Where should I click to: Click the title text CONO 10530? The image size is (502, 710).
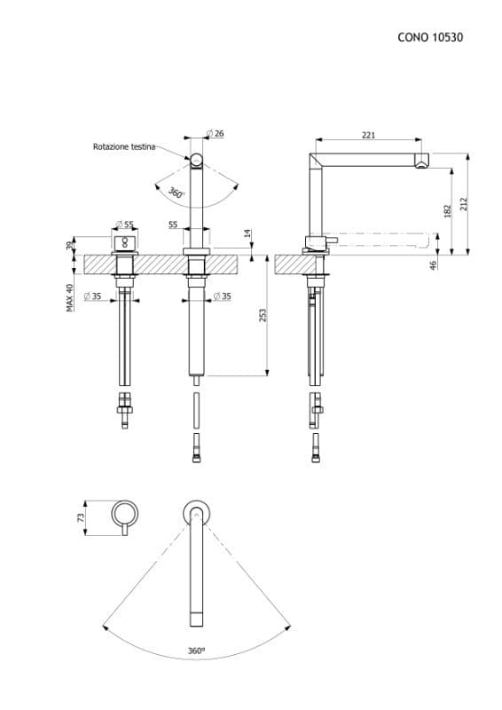tap(430, 37)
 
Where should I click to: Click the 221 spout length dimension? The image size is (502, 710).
tap(368, 135)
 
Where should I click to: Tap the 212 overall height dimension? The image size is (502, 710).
tap(463, 204)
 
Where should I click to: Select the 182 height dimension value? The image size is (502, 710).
tap(447, 211)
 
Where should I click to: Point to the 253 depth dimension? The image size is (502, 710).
tap(263, 315)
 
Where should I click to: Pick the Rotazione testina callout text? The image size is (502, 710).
tap(124, 146)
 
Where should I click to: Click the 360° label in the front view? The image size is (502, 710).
tap(176, 193)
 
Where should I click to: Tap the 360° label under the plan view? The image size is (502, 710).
tap(196, 651)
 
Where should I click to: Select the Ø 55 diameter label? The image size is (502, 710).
tap(124, 224)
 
